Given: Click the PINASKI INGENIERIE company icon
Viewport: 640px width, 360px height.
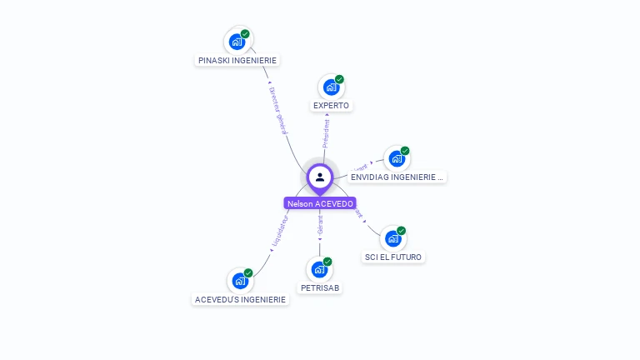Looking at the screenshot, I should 237,41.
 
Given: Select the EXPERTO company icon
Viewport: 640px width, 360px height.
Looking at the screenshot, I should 332,87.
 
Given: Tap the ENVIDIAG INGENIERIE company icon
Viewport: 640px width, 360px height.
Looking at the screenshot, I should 397,158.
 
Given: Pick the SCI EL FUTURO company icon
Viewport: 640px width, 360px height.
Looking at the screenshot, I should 393,238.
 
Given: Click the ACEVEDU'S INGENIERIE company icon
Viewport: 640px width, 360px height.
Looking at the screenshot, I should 240,281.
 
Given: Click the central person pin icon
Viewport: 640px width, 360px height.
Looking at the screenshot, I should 320,177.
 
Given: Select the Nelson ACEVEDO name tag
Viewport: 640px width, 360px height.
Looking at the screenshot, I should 320,203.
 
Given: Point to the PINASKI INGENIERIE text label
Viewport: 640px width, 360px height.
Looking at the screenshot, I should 237,60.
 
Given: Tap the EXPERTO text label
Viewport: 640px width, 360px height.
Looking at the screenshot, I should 332,106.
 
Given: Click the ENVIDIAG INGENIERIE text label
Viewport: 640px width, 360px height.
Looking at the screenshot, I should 397,177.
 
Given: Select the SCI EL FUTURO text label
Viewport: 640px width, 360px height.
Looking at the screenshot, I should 393,257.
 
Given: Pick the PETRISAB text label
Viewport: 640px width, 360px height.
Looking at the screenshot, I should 320,288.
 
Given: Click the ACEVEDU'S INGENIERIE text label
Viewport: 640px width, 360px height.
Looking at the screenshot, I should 240,300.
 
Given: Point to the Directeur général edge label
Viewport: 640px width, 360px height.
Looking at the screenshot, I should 278,109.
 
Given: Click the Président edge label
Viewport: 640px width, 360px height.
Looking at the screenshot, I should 327,134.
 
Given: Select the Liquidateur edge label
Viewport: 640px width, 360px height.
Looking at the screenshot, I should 279,232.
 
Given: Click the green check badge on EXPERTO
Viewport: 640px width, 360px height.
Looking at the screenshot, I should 339,79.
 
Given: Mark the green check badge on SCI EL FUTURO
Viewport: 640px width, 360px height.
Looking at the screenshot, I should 401,231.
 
